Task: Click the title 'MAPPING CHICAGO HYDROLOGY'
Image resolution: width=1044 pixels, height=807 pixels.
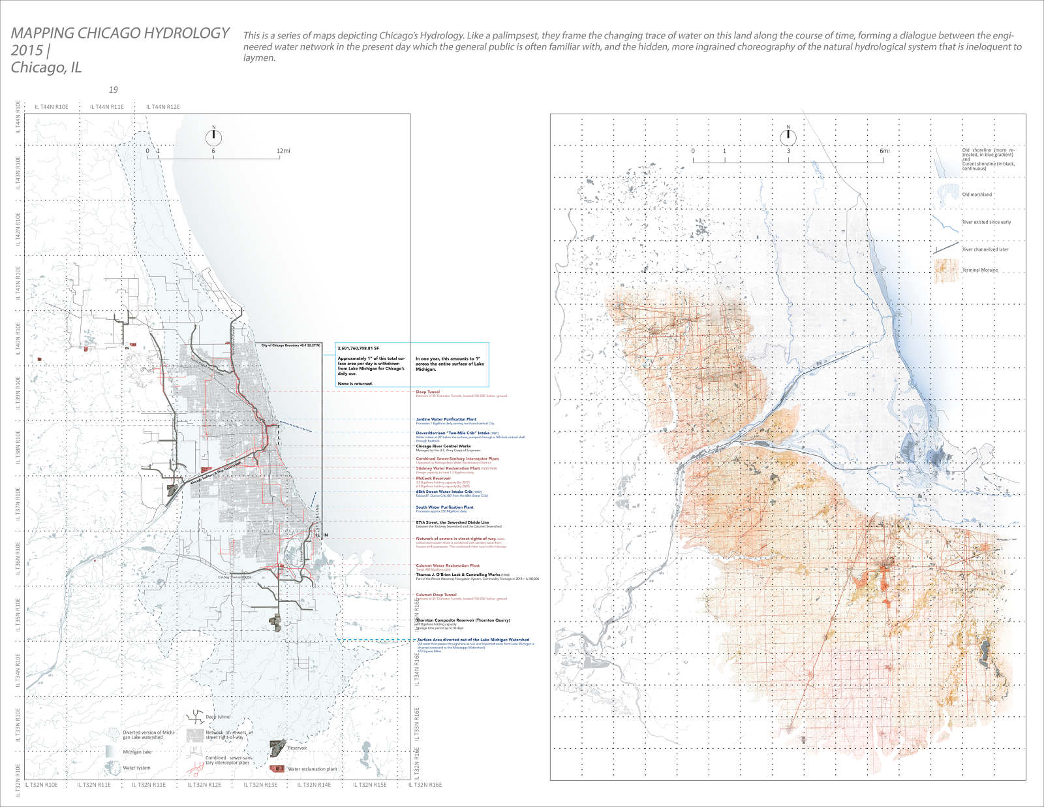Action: pos(120,33)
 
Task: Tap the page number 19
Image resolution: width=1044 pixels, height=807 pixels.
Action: pos(114,90)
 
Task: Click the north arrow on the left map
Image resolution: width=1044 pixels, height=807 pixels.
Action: pos(213,138)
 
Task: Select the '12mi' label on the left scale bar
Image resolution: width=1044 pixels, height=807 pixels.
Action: pos(283,151)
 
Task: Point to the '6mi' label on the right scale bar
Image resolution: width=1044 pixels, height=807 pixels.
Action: pos(884,151)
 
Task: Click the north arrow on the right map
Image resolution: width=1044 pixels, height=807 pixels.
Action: pos(788,136)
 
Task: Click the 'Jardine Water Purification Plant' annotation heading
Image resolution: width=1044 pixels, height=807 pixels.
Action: pos(446,419)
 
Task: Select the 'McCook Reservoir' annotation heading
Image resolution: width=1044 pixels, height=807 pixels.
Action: pos(433,478)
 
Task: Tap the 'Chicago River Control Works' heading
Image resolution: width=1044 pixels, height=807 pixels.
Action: pos(443,447)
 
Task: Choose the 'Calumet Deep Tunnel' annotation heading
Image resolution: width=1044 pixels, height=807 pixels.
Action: pos(436,595)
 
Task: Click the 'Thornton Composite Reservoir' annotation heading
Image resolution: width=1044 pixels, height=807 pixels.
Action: pos(463,620)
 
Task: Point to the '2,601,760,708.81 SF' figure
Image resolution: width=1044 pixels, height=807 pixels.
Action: pos(358,349)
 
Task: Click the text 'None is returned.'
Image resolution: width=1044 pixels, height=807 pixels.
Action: pos(355,384)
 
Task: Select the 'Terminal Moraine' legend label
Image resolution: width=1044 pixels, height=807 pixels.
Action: pos(980,270)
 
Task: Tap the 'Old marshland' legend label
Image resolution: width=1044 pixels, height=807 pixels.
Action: pos(977,195)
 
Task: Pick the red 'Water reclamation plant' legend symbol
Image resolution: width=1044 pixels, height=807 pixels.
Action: pos(277,768)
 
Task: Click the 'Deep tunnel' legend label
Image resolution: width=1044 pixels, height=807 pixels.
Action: pos(218,717)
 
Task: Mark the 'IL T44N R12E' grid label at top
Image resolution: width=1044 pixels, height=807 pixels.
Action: pos(163,107)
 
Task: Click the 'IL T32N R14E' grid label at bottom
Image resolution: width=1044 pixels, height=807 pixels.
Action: pos(314,785)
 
